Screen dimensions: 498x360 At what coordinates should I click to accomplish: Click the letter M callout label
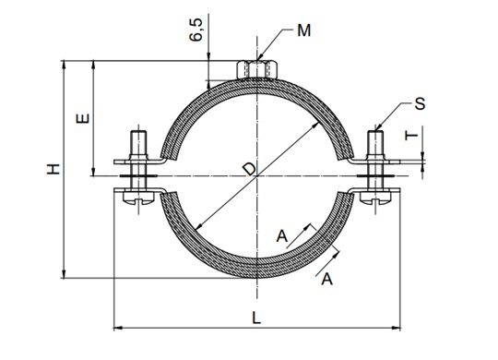click(x=304, y=30)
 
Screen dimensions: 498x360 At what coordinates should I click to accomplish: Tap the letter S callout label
click(x=420, y=103)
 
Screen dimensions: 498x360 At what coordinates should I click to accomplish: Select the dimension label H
click(x=53, y=169)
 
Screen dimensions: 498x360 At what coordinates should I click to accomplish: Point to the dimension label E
click(x=83, y=118)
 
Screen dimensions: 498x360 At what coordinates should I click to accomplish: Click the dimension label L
click(x=256, y=318)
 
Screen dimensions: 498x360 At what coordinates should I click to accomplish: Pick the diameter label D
click(x=250, y=169)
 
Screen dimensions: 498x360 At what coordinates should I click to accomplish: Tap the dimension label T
click(x=411, y=136)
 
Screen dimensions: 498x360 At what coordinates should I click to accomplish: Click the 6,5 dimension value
click(x=196, y=30)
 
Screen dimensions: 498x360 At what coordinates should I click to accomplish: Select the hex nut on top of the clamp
click(x=257, y=69)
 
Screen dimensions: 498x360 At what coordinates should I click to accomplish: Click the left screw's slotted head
click(x=138, y=197)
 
